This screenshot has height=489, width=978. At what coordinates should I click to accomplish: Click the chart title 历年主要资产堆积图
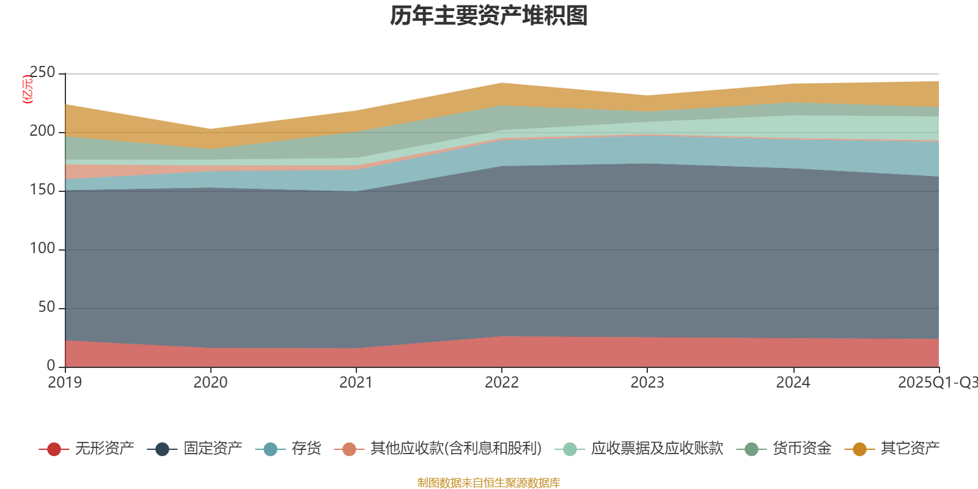point(489,16)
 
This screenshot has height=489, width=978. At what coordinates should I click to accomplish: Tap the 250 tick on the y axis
point(42,73)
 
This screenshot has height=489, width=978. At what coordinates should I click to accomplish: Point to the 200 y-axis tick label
point(42,131)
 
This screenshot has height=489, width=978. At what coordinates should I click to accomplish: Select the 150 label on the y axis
point(42,190)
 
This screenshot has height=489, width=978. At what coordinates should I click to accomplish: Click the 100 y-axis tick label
point(42,249)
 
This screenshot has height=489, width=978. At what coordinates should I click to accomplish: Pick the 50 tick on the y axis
point(46,307)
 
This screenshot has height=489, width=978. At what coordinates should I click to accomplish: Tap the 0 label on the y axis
point(51,366)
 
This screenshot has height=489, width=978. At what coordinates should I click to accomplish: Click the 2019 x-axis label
point(65,383)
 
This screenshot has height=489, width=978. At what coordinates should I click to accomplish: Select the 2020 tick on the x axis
point(210,383)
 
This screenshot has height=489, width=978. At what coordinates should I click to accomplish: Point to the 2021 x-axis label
point(356,383)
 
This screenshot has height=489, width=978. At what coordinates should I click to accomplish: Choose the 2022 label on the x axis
point(501,383)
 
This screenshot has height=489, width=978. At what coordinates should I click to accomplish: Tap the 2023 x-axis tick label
point(647,383)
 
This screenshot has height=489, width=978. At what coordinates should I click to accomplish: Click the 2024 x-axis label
point(793,383)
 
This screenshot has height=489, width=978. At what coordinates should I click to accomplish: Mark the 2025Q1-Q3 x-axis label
point(937,383)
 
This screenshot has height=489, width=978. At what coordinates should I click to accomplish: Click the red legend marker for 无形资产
point(54,449)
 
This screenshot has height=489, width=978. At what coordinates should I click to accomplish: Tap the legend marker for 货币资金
point(751,449)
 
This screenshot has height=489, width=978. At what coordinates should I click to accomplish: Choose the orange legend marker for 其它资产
point(859,449)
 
